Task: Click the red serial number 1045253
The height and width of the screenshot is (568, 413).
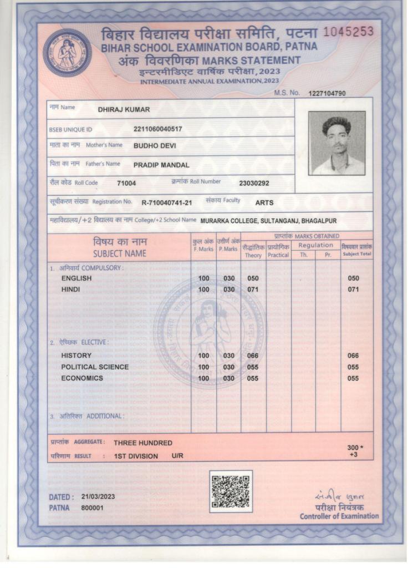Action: point(348,32)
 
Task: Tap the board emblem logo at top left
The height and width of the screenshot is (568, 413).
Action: point(67,53)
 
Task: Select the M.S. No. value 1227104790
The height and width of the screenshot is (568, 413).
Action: point(327,93)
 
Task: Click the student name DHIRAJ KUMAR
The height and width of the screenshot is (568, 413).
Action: point(124,110)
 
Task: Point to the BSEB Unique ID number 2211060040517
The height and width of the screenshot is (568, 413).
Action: point(158,129)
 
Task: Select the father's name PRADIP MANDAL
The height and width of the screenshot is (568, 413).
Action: point(161,165)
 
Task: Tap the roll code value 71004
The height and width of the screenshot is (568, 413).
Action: point(126,183)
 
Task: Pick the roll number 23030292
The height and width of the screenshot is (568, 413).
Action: point(254,183)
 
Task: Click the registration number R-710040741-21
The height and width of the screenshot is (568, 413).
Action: point(167,202)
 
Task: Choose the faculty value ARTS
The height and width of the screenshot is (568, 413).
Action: point(264,202)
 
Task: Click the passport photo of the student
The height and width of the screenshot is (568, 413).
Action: point(336,143)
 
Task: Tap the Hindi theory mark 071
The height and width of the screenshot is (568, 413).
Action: point(253,290)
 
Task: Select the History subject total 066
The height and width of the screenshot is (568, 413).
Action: point(353,356)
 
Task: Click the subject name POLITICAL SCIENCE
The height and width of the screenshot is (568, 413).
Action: point(95,367)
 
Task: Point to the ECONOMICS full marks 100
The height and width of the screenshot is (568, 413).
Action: point(203,378)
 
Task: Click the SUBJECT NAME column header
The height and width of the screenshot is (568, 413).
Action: point(120,253)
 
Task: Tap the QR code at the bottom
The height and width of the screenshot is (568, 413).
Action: point(231,491)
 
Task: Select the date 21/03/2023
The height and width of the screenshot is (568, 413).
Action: point(98,496)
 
